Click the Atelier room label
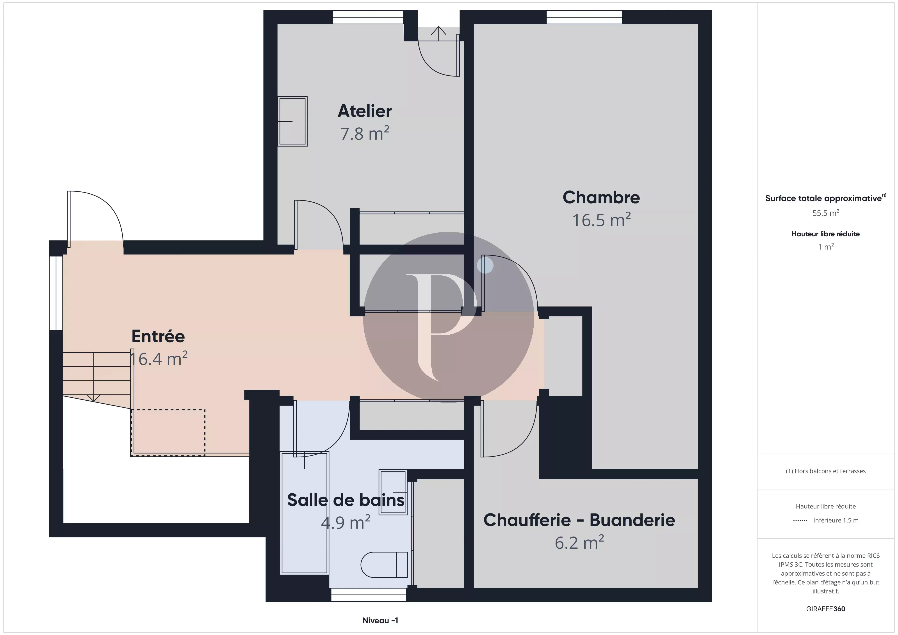click(x=365, y=111)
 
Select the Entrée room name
click(x=158, y=336)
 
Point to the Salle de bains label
click(x=346, y=500)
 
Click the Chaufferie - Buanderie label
click(x=579, y=520)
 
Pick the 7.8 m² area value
click(x=365, y=133)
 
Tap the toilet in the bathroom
click(x=384, y=565)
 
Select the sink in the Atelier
click(x=292, y=121)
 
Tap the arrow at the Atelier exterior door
click(x=439, y=33)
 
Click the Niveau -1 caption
click(x=380, y=620)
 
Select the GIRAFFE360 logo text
click(x=826, y=609)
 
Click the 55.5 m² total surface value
click(x=826, y=213)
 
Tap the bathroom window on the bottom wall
click(x=369, y=595)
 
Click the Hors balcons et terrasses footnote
click(x=826, y=471)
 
